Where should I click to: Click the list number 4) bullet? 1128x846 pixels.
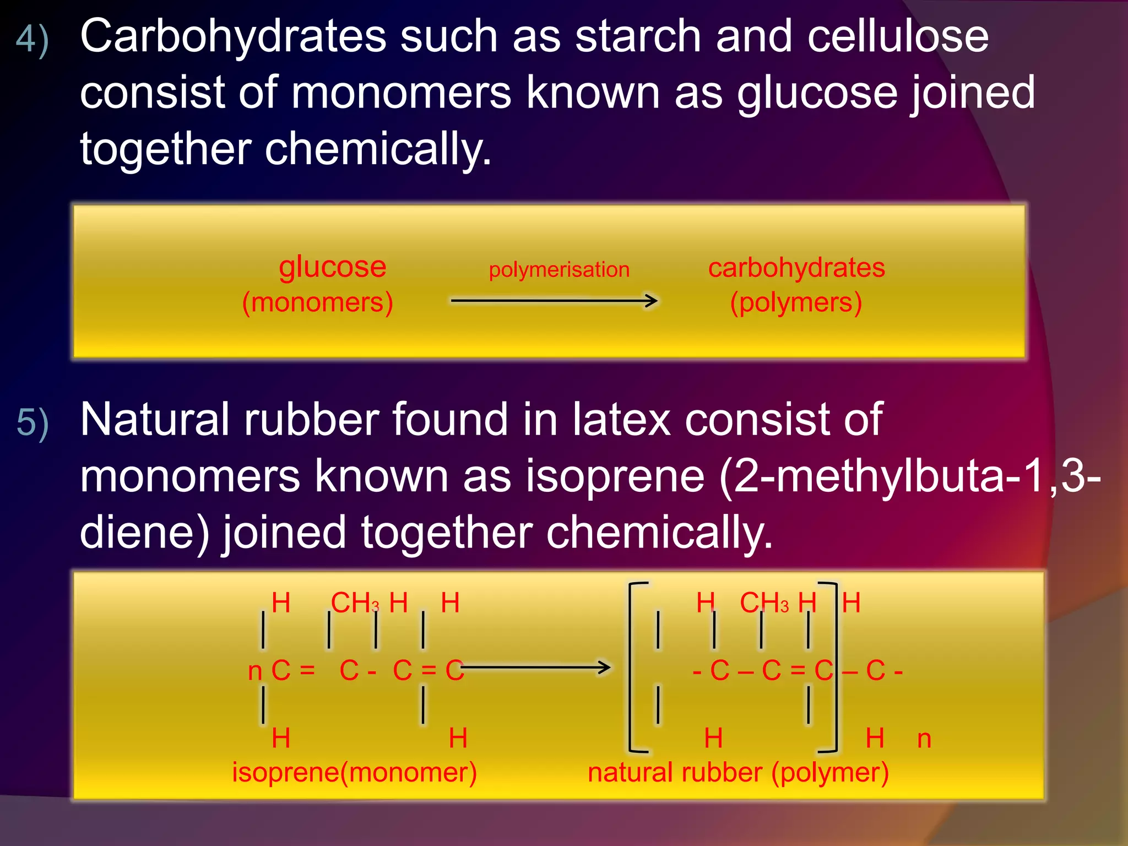[32, 40]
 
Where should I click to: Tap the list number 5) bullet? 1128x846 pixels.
[32, 423]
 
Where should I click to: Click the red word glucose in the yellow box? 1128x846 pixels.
[332, 267]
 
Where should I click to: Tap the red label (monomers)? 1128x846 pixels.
[317, 302]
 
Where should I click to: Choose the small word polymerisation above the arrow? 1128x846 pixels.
[559, 270]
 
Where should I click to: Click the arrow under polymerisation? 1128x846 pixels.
[554, 301]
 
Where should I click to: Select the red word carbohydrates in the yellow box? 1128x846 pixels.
[796, 268]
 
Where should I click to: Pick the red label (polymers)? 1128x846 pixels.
[796, 302]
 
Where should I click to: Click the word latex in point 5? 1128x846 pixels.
[621, 420]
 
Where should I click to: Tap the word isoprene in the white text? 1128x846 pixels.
[615, 476]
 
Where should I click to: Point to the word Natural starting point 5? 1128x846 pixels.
[154, 420]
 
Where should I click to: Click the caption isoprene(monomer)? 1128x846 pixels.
[354, 772]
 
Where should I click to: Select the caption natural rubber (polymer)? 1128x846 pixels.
[738, 772]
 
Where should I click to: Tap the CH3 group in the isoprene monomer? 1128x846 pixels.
[355, 603]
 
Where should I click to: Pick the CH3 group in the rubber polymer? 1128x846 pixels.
[764, 603]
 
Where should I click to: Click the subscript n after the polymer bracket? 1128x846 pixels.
[924, 739]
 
